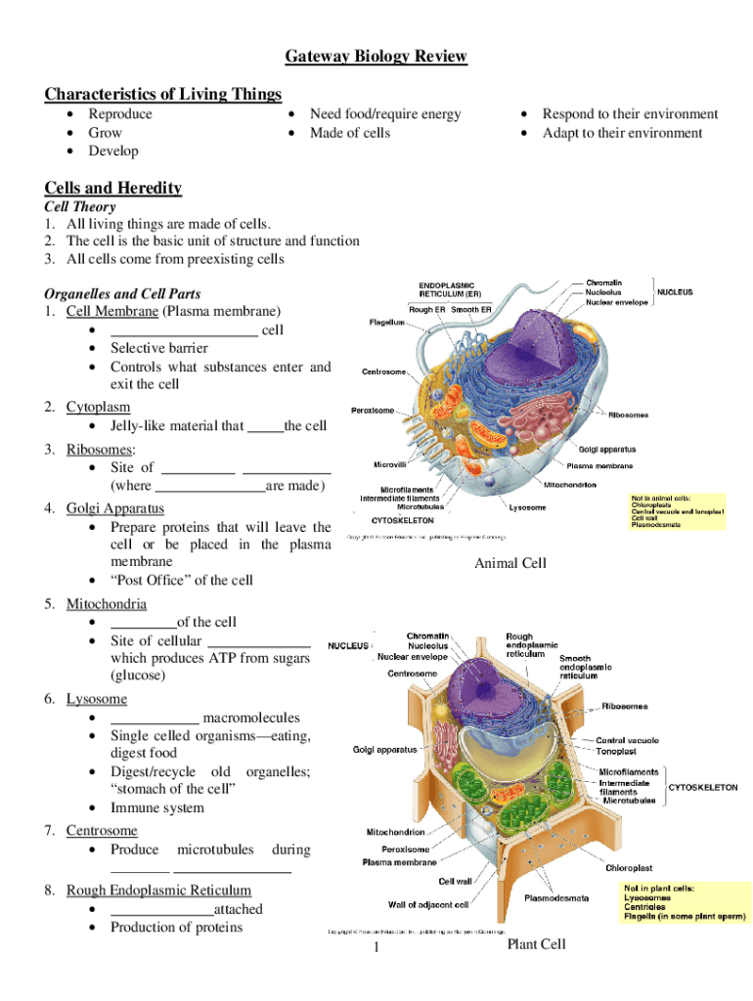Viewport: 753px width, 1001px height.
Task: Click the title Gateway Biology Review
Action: (x=376, y=57)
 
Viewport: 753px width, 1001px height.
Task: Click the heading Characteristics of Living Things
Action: (x=163, y=94)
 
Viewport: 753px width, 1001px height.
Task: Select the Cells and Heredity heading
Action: (x=113, y=188)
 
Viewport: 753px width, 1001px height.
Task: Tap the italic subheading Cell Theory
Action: (x=80, y=207)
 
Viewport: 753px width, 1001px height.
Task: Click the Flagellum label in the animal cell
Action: (x=386, y=323)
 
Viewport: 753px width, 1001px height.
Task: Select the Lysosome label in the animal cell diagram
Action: (x=527, y=507)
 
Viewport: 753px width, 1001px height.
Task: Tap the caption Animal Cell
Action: (x=510, y=563)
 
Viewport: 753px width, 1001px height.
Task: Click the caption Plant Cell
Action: (x=536, y=944)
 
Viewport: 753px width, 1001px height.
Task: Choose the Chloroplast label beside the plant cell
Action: (x=629, y=867)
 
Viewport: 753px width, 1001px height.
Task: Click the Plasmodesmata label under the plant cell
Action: (x=556, y=897)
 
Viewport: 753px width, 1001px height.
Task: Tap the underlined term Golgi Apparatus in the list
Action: (x=114, y=508)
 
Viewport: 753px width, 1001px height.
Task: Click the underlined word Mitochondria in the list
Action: (x=107, y=604)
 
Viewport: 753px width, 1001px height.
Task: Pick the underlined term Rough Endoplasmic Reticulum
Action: (x=158, y=891)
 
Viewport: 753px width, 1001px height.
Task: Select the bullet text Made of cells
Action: (x=350, y=133)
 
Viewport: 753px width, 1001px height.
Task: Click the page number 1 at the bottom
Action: (x=376, y=949)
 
